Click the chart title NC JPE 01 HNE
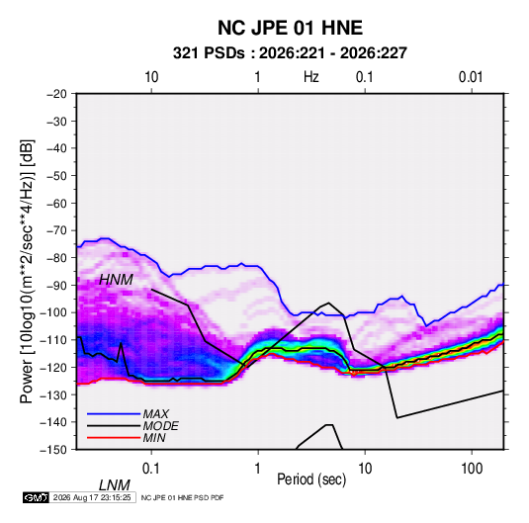290,28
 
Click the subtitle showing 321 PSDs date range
290,53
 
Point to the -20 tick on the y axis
56,94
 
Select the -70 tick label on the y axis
56,230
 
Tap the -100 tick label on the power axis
54,312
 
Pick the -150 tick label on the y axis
54,450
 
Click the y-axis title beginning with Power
27,272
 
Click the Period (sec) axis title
311,479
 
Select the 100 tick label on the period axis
472,469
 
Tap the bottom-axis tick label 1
258,469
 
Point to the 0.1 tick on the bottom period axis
151,469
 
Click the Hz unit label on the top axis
311,77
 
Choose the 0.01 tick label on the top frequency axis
471,77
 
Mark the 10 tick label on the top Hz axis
151,77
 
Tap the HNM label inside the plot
116,280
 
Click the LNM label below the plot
115,485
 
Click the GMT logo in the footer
36,497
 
